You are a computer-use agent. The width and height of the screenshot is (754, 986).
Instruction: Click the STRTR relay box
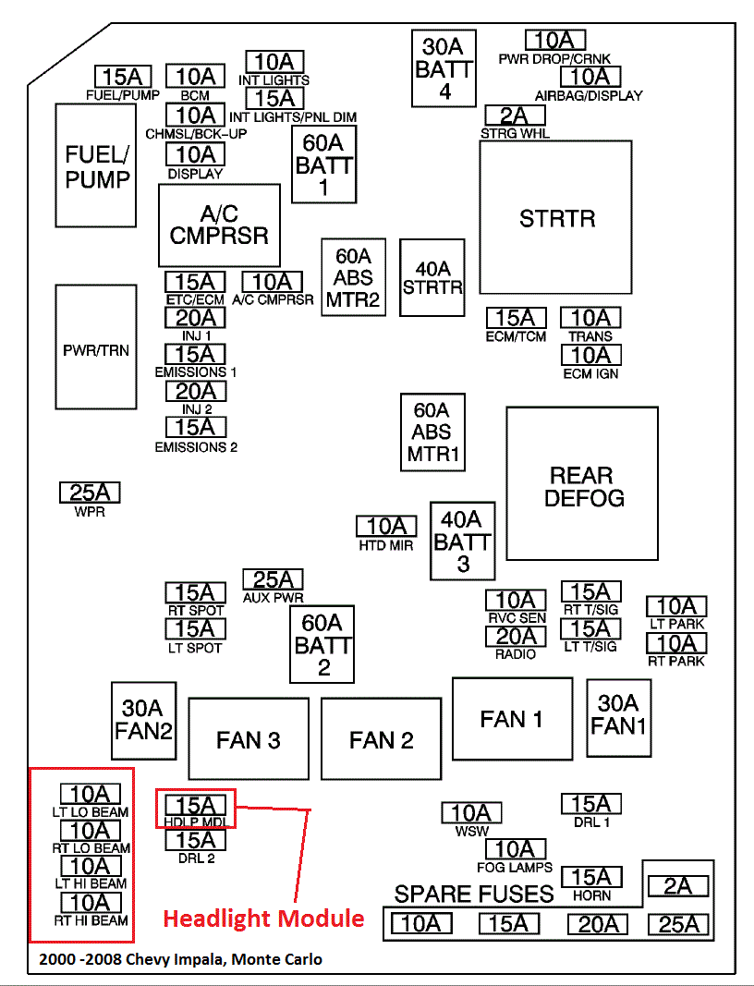tap(555, 217)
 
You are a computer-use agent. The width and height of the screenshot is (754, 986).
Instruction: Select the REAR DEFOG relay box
tap(582, 483)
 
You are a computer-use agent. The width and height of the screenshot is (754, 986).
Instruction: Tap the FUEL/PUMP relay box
tap(95, 165)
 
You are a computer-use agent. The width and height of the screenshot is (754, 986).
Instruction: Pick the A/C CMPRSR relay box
tap(220, 225)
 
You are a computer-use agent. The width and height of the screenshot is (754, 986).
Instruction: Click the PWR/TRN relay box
tap(95, 347)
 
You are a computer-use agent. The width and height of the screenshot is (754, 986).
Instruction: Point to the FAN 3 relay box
tap(249, 739)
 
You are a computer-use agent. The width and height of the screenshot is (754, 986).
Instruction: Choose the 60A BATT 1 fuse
tap(323, 164)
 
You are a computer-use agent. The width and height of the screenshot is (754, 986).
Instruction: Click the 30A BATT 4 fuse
tap(444, 68)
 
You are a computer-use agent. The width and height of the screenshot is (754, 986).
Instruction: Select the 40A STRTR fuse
tap(432, 277)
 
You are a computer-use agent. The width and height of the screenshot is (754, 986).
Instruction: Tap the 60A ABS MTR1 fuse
tap(432, 432)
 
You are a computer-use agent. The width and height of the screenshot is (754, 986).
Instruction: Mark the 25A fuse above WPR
tap(90, 493)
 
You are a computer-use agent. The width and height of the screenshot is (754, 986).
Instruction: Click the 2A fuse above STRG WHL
tap(515, 116)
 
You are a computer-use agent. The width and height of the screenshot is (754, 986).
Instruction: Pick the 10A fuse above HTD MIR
tap(386, 527)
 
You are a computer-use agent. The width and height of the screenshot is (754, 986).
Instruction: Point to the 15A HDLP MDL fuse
tap(196, 804)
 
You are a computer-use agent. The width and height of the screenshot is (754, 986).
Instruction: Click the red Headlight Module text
tap(263, 919)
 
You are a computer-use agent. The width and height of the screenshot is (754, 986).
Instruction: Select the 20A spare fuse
tap(598, 924)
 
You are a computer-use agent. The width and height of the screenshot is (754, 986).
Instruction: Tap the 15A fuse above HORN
tap(591, 877)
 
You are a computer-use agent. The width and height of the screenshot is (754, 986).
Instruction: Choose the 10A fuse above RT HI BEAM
tap(90, 903)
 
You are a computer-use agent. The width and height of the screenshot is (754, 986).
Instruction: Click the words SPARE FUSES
tap(473, 894)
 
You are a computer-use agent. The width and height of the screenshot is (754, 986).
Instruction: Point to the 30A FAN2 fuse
tap(144, 721)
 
